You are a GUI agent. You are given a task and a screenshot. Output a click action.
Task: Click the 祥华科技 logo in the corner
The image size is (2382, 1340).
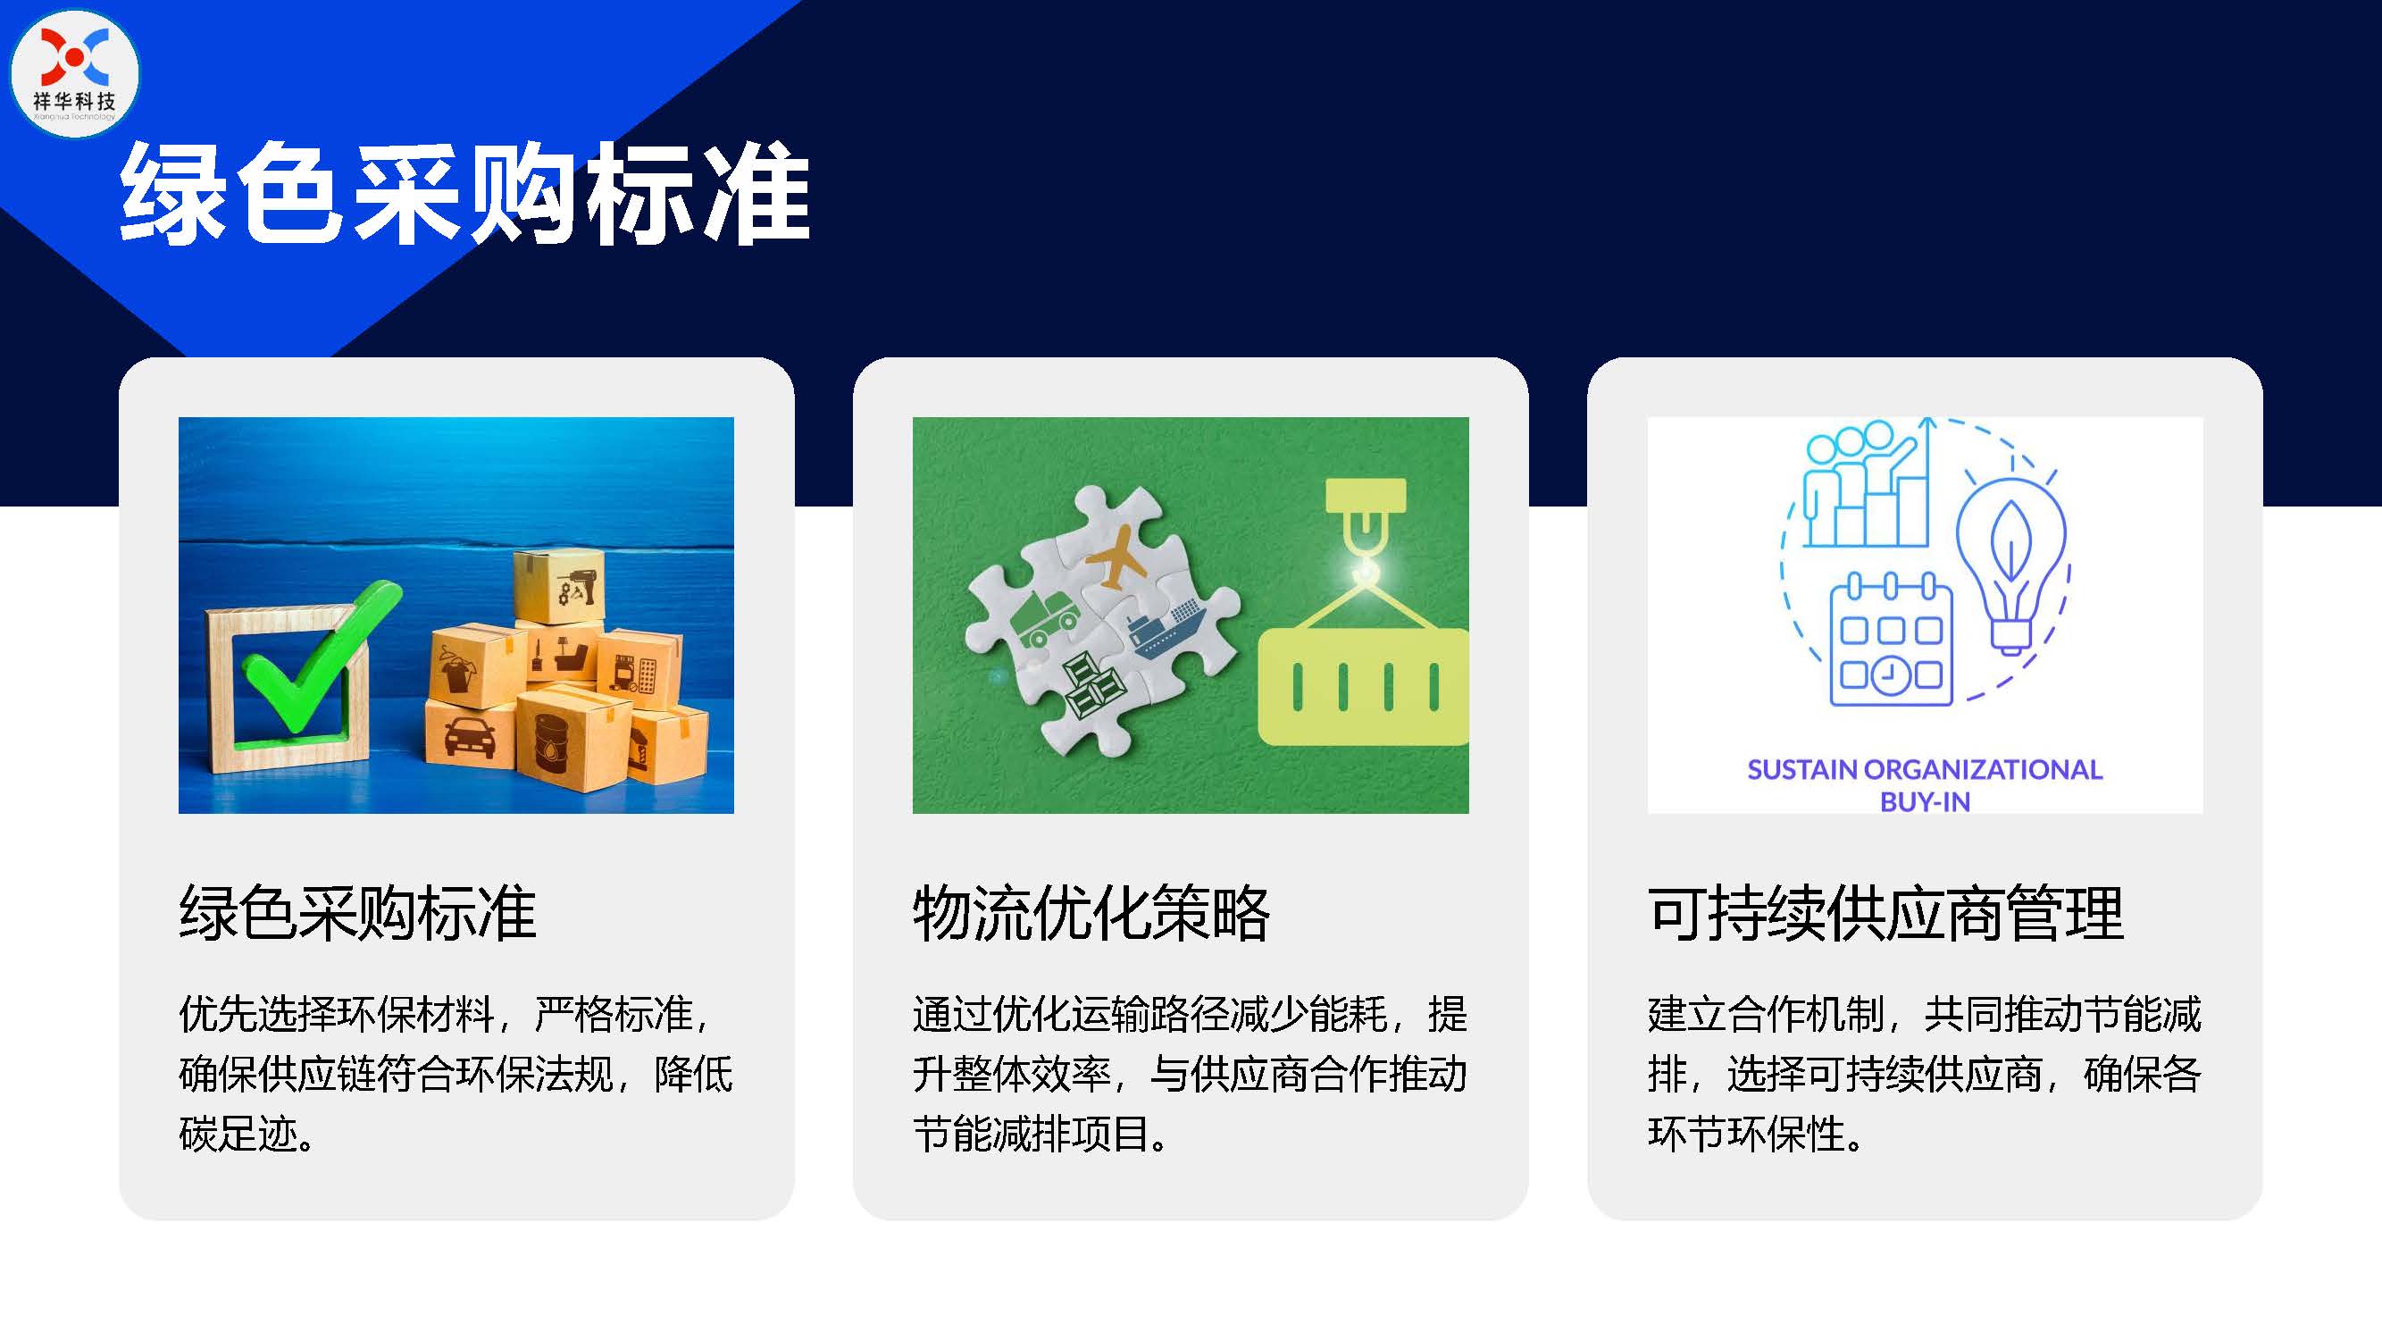pos(74,73)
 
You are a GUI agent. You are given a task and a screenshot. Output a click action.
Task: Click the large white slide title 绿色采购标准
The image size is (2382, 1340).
pos(465,193)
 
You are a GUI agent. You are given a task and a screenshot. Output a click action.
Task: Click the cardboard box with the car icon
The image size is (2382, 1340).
pos(471,734)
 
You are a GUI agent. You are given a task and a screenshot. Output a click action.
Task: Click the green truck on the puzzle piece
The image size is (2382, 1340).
pos(1046,619)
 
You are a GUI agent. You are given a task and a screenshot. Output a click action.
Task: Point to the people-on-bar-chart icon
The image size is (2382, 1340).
pos(1868,484)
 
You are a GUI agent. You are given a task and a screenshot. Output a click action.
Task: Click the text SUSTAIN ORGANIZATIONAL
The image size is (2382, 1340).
pos(1925,769)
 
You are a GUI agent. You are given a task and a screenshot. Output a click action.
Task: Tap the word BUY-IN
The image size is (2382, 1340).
pos(1925,802)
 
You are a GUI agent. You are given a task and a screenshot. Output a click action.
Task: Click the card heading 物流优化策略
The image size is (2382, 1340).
pos(1091,914)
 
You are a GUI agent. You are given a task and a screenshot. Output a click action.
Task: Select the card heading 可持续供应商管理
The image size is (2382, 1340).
pos(1885,914)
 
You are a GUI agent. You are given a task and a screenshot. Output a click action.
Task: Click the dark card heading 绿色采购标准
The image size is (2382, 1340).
pos(357,914)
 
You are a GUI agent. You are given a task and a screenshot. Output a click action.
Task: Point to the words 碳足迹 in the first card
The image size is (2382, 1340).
pos(238,1134)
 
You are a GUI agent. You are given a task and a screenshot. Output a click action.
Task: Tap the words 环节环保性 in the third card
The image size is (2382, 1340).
pos(1747,1134)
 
